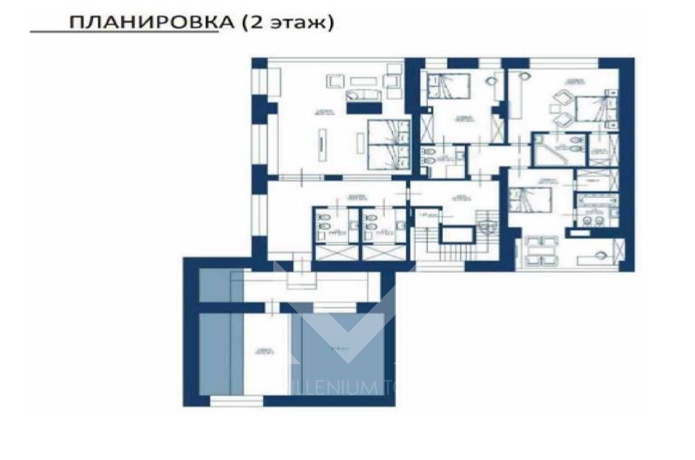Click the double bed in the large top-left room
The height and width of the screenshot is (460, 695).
[x=388, y=145]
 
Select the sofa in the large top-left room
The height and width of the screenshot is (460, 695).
[x=364, y=95]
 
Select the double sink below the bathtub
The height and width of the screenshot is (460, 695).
[x=593, y=220]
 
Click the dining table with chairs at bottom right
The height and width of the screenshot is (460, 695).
[x=541, y=251]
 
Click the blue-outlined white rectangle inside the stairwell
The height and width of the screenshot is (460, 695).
[x=456, y=235]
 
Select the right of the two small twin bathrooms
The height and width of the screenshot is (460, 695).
[x=379, y=226]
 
